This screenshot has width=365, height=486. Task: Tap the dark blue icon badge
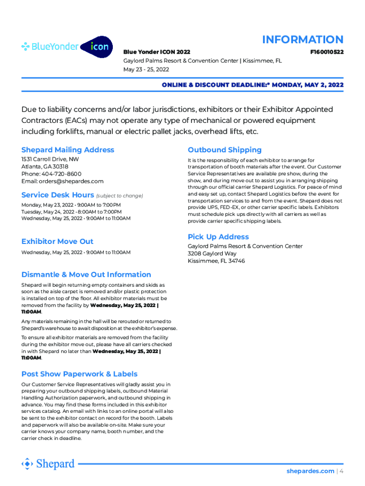click(97, 47)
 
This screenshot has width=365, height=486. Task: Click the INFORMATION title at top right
click(302, 39)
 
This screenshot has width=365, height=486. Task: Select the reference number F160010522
click(327, 52)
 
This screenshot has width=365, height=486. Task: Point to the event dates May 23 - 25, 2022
click(146, 69)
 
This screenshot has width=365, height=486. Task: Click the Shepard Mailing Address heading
click(68, 150)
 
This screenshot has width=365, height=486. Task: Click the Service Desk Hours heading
click(57, 195)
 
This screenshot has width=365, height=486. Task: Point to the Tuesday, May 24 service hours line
click(72, 212)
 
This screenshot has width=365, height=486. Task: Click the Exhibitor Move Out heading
click(57, 241)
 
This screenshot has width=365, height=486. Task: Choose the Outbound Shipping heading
click(225, 150)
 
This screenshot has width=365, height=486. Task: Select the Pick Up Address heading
click(218, 236)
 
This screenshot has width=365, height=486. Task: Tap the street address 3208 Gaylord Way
click(212, 253)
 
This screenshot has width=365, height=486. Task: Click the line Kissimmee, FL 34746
click(216, 261)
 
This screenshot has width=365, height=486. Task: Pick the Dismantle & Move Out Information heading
click(86, 274)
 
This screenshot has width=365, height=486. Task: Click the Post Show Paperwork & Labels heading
click(79, 374)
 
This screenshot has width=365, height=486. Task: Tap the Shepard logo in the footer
click(48, 463)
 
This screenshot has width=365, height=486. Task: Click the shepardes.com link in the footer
click(310, 471)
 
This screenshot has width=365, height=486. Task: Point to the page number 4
click(341, 471)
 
